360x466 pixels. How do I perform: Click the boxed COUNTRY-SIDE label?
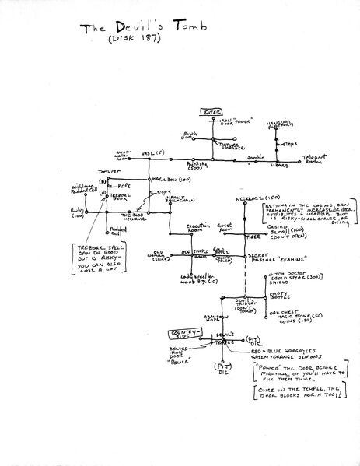180,335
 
